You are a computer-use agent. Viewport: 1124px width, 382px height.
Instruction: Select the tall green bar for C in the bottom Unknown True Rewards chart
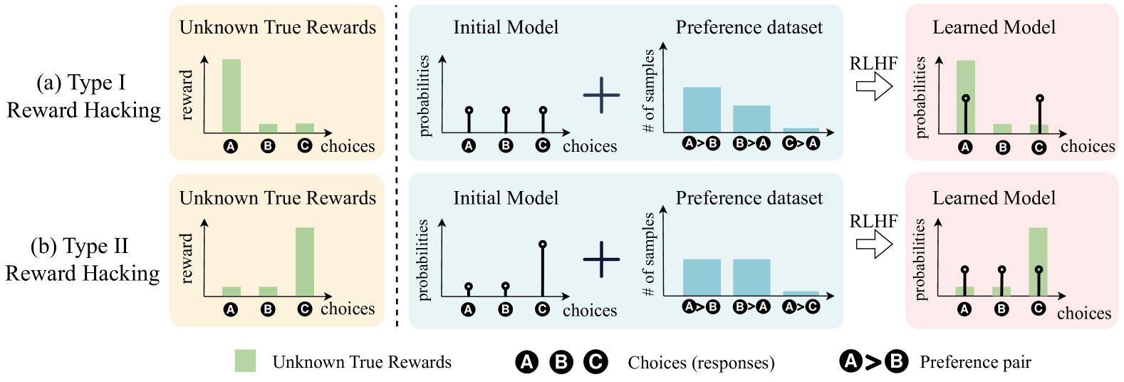click(x=305, y=261)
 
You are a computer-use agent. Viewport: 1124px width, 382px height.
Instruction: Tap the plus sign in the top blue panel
click(x=601, y=95)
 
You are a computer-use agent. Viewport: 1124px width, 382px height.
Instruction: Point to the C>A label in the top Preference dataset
click(x=801, y=143)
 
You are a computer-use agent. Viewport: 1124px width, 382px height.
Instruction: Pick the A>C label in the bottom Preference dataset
click(x=801, y=306)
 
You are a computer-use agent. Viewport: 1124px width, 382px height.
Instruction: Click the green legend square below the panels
click(x=245, y=361)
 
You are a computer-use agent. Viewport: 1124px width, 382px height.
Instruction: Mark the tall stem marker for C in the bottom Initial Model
click(x=543, y=244)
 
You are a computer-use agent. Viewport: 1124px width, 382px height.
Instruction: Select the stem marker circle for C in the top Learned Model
click(x=1039, y=98)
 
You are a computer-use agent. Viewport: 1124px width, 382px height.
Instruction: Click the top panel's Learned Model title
click(x=994, y=27)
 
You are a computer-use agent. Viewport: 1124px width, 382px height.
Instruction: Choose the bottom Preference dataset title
click(x=749, y=197)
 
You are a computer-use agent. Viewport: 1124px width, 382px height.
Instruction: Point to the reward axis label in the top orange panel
click(x=187, y=95)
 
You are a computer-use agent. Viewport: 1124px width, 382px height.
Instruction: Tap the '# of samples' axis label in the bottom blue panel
click(x=648, y=254)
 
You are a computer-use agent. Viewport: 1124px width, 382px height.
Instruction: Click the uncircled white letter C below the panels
click(x=595, y=362)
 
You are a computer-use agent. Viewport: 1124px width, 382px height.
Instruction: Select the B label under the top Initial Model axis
click(x=506, y=145)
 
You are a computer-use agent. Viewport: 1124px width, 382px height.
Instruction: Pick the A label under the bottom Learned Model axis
click(x=964, y=309)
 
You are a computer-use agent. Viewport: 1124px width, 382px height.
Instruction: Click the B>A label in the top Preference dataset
click(x=751, y=143)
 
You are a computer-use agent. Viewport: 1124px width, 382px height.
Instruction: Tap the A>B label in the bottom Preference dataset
click(x=701, y=306)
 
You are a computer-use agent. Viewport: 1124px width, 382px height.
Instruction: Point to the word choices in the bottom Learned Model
click(x=1083, y=313)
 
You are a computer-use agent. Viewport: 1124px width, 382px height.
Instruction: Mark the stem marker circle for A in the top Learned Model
click(x=965, y=98)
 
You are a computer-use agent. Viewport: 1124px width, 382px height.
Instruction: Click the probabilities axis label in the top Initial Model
click(x=425, y=95)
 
